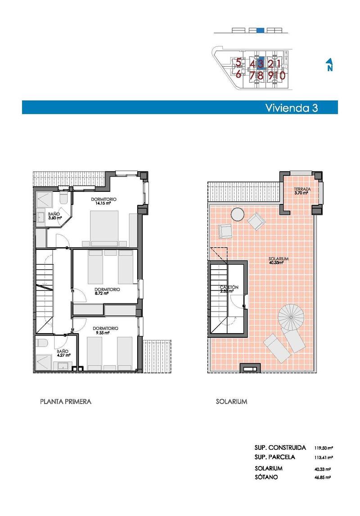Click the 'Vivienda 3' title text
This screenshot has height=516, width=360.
tap(292, 108)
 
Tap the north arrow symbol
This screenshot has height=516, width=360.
tap(329, 65)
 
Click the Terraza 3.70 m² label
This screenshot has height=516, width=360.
tap(301, 190)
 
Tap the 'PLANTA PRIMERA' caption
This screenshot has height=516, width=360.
tap(66, 401)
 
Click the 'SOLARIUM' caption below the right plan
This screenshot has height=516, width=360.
tap(231, 401)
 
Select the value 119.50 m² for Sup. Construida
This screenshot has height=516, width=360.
tap(324, 448)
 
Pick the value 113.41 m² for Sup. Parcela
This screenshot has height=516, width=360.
tap(324, 457)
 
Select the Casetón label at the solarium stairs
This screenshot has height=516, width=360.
tap(229, 289)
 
